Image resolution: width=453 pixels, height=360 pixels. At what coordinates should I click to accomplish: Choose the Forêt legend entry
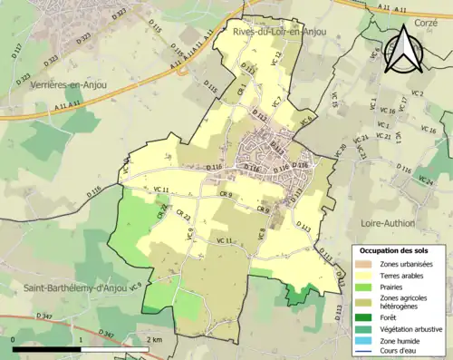tap(389, 316)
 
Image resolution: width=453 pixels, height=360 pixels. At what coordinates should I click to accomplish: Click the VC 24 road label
tap(424, 181)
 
